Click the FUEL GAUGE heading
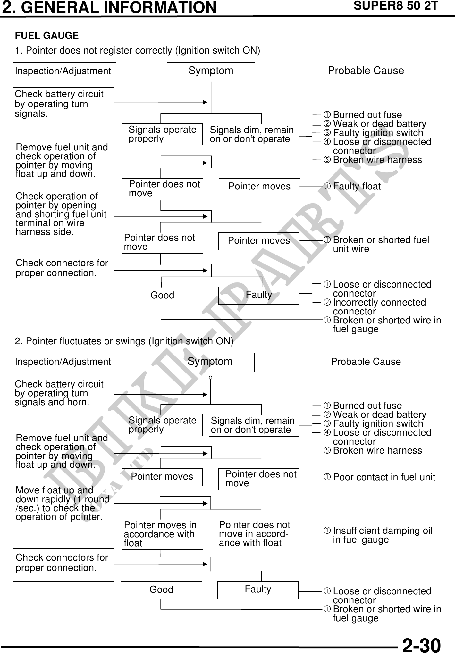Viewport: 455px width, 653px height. (47, 36)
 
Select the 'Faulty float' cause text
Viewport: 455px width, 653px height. (357, 186)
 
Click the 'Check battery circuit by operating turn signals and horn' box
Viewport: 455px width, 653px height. (63, 394)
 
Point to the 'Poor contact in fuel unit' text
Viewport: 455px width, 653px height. (384, 477)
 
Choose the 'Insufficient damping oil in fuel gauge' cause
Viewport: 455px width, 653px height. (382, 535)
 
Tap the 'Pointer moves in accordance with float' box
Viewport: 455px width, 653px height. (162, 534)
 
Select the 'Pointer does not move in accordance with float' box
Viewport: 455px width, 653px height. (257, 534)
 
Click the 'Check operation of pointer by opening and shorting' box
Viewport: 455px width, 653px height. (63, 214)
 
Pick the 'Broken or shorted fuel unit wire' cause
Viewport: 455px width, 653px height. (381, 244)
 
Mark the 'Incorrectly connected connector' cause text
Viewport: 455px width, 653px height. (379, 307)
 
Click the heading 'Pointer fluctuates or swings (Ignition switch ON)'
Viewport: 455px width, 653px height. (124, 341)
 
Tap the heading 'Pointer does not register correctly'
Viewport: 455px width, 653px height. (138, 51)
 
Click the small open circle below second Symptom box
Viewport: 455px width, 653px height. (210, 378)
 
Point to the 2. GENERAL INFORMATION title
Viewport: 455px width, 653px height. (109, 7)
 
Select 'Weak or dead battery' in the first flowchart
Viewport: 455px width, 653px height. (379, 124)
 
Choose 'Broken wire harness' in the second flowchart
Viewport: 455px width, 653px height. (377, 450)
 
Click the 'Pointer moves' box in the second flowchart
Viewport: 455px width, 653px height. (162, 477)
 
